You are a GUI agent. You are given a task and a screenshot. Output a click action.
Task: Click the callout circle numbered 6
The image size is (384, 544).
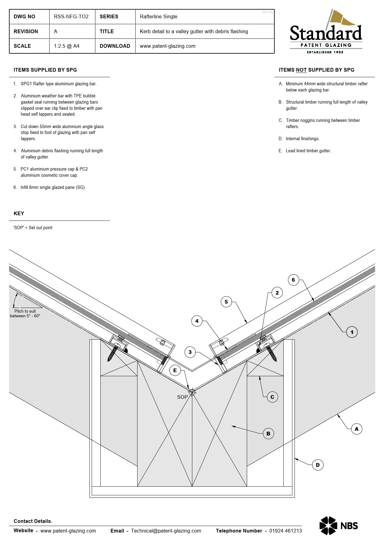tap(293, 280)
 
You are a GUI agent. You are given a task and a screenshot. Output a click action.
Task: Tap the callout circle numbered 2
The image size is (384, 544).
tap(277, 293)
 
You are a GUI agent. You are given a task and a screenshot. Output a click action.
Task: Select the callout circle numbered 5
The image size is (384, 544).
tap(226, 302)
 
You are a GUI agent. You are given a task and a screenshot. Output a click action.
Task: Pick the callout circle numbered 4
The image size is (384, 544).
tap(197, 321)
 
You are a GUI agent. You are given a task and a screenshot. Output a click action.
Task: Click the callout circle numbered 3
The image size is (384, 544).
tap(190, 352)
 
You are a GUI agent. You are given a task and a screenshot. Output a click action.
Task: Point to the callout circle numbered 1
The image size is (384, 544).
tap(352, 332)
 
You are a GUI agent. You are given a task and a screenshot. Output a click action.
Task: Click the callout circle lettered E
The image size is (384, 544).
tap(175, 370)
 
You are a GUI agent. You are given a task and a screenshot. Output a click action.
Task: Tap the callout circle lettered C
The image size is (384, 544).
tap(272, 397)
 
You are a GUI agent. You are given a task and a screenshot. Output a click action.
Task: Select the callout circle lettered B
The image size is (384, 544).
tap(268, 434)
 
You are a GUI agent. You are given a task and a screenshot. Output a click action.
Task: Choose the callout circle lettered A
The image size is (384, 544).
tap(356, 429)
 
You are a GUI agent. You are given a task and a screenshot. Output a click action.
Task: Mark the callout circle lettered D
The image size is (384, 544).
tap(318, 465)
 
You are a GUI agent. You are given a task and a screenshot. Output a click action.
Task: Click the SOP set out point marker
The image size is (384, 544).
tap(192, 392)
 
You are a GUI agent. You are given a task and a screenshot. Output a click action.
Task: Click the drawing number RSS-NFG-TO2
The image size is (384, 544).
tap(71, 17)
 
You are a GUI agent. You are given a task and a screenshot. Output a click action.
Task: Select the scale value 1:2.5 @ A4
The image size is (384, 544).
tap(67, 46)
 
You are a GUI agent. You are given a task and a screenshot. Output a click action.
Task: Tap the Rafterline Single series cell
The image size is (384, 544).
tap(159, 17)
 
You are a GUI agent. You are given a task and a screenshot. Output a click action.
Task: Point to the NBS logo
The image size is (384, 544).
tap(338, 526)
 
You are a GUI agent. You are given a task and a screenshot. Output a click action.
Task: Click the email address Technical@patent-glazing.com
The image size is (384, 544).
tap(166, 531)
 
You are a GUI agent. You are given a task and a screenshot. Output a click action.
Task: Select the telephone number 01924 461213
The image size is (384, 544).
tap(286, 531)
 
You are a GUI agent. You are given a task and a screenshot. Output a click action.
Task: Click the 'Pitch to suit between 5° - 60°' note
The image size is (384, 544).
tap(25, 314)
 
